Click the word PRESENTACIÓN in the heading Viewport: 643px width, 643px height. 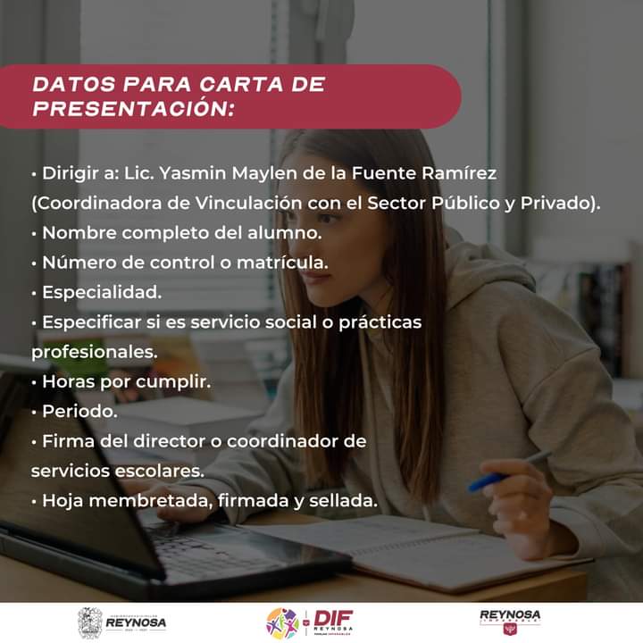point(133,108)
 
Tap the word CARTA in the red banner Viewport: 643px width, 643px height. point(241,84)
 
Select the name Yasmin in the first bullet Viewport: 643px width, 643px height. point(192,173)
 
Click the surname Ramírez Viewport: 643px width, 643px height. point(459,173)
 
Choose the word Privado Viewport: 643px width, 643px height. point(555,203)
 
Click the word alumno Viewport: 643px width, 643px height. point(285,233)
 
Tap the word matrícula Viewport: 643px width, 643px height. point(282,263)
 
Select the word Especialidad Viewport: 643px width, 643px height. point(102,292)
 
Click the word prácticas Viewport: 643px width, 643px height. point(380,322)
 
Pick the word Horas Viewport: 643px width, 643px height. point(69,382)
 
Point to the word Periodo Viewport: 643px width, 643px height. point(79,412)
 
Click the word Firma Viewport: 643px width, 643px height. point(69,441)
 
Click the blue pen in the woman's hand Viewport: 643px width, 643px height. point(509,472)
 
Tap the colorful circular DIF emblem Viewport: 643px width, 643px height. point(282,623)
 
